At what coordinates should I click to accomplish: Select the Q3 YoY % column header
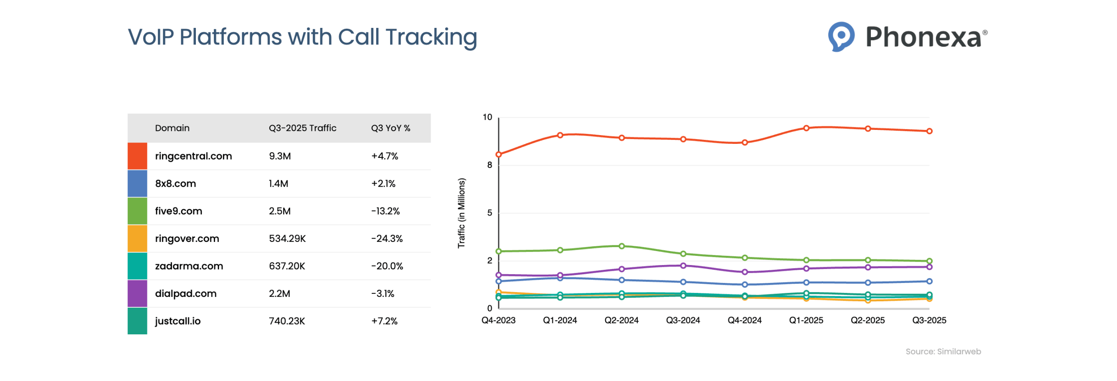(x=391, y=128)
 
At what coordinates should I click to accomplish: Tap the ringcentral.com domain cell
(x=193, y=156)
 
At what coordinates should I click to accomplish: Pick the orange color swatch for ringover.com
(x=137, y=238)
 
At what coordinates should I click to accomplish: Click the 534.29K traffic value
(x=287, y=238)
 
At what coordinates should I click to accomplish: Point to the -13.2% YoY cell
(x=385, y=211)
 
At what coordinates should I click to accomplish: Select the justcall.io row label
(x=178, y=320)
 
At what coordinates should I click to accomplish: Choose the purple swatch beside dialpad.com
(x=137, y=293)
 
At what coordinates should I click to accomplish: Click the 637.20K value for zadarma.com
(x=287, y=265)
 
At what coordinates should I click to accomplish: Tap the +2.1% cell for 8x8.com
(x=383, y=183)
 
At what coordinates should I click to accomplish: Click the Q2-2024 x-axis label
(x=621, y=320)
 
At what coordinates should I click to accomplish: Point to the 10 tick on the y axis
(x=487, y=117)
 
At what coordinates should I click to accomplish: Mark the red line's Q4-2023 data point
(x=498, y=154)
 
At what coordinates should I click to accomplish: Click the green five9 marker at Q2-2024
(x=621, y=246)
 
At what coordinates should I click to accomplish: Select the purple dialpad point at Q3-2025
(x=929, y=266)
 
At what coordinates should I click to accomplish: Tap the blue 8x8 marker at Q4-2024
(x=744, y=284)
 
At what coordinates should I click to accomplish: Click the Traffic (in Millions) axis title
(x=461, y=213)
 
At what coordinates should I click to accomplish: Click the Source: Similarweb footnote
(x=942, y=351)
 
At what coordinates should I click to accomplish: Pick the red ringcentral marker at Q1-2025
(x=806, y=128)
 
